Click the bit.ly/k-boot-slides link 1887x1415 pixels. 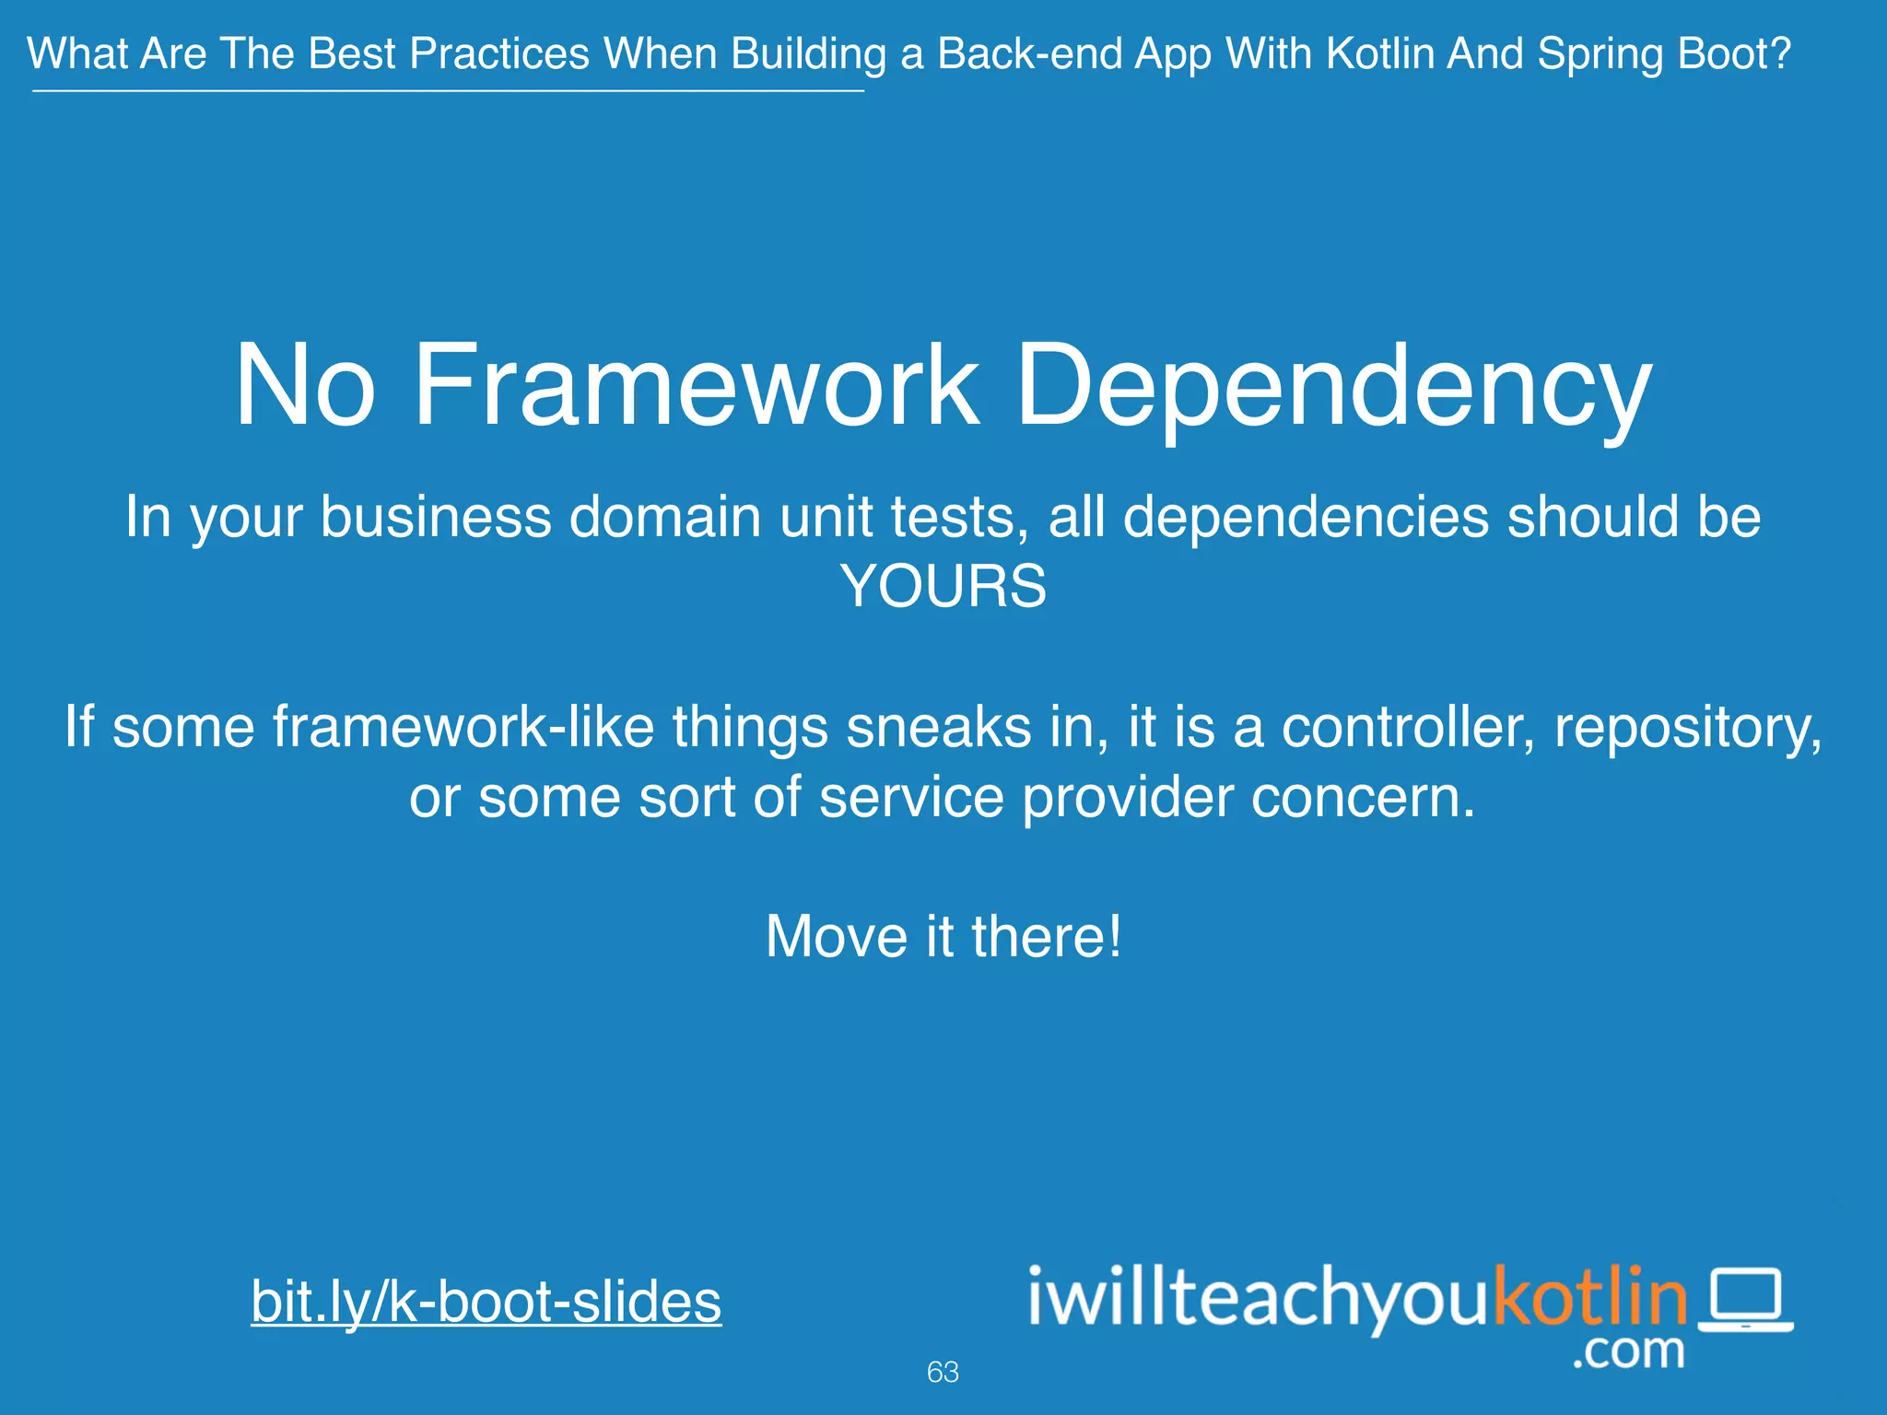[x=486, y=1301]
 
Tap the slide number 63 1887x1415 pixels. [x=943, y=1372]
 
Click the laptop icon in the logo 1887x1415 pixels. [x=1745, y=1300]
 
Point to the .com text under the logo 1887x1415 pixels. [x=1628, y=1351]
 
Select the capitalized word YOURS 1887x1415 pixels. [x=943, y=586]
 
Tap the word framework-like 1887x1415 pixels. [x=463, y=727]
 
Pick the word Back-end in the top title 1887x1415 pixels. [x=1027, y=53]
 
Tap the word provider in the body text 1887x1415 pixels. [x=1127, y=797]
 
